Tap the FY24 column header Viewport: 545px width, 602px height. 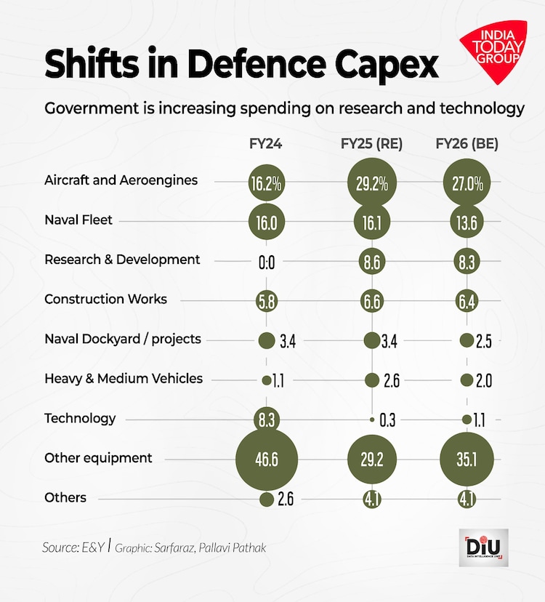tap(265, 144)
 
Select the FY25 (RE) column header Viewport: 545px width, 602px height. tap(372, 144)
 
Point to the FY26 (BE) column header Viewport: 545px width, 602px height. tap(467, 144)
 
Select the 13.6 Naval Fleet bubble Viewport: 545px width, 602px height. tap(467, 222)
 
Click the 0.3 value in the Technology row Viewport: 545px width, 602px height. tap(387, 420)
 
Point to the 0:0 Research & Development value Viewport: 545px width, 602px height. tap(267, 262)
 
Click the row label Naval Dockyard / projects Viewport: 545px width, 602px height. tap(123, 339)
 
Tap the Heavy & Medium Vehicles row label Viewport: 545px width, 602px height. tap(124, 378)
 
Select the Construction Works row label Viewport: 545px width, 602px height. tap(105, 299)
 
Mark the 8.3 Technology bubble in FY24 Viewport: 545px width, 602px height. tap(266, 420)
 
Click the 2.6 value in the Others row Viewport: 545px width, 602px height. tap(285, 499)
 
